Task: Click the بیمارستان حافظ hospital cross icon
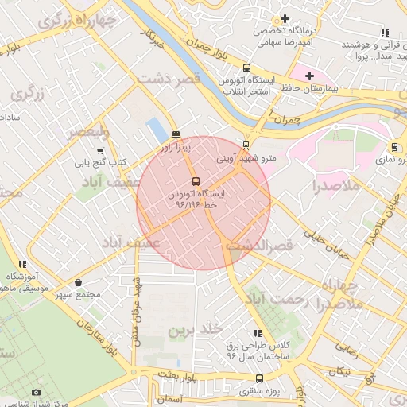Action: point(309,76)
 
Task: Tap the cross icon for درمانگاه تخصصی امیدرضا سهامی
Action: point(285,19)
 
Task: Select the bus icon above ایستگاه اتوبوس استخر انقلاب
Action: point(246,68)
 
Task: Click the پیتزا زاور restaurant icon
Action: point(175,134)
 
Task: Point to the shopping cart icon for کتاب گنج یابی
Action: point(100,150)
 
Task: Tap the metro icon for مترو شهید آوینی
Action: point(246,145)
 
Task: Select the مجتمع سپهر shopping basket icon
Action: point(78,283)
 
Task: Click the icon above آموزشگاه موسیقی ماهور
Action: point(22,264)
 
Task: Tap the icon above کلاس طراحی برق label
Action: point(256,334)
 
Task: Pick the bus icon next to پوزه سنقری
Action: point(258,379)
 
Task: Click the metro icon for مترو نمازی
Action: point(394,147)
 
